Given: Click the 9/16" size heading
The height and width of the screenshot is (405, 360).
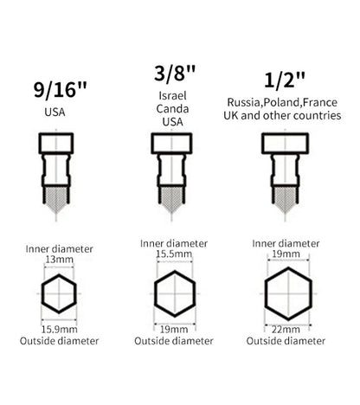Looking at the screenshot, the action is coord(60,90).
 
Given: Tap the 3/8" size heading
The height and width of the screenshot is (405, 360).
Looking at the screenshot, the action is coord(175,74).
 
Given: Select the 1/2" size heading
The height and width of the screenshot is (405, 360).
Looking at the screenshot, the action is coord(285,80).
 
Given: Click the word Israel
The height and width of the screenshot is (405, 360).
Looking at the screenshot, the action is coord(172,96).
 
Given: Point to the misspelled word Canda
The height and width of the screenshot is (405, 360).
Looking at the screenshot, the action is coord(172,109).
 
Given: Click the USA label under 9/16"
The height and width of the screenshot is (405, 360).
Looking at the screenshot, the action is coord(55,112).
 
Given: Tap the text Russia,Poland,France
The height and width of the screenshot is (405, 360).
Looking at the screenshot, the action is coord(282,102).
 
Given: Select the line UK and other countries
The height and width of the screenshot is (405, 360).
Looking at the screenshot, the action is coord(282,115).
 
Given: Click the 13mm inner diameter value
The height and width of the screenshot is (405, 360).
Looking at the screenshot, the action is coord(59,260).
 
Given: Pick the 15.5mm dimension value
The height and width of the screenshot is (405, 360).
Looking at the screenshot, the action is coord(174,254).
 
